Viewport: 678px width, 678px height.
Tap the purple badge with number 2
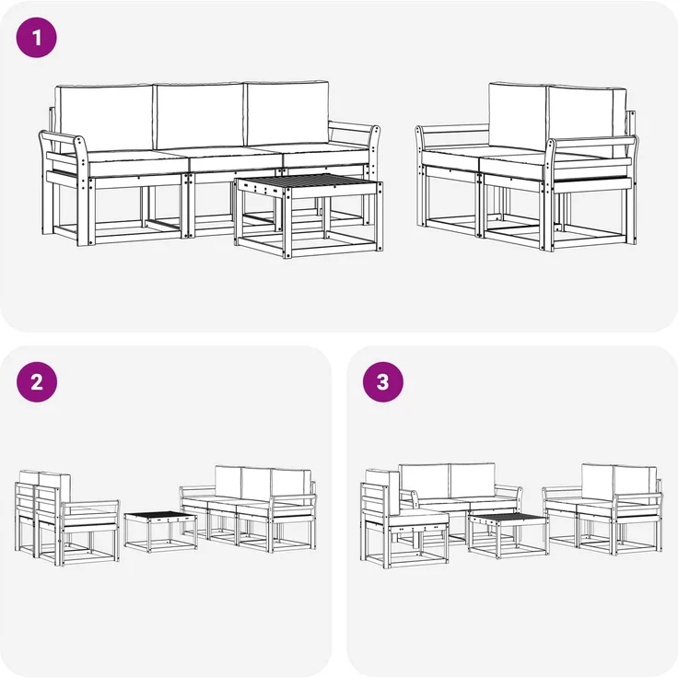click(37, 382)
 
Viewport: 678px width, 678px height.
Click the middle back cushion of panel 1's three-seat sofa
click(199, 115)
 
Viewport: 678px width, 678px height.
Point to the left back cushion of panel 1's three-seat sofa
click(104, 118)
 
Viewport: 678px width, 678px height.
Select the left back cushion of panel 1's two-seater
click(518, 115)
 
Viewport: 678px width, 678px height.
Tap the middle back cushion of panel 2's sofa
click(255, 482)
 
